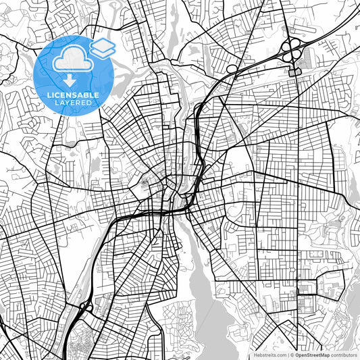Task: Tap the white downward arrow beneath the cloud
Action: pos(70,80)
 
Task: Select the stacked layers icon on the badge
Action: pos(103,47)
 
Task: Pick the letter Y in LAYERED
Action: pos(68,103)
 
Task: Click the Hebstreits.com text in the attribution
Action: pos(269,354)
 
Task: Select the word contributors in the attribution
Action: pos(344,354)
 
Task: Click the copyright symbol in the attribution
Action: pos(292,354)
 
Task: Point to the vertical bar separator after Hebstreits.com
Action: pos(287,354)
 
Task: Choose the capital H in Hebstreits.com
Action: pos(255,354)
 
